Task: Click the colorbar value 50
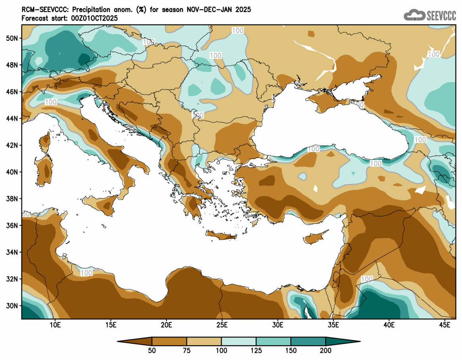click(152, 350)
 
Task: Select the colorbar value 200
click(326, 350)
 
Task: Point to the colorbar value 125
click(256, 350)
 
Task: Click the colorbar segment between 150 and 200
click(308, 341)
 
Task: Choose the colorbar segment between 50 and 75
click(169, 341)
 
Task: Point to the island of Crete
click(221, 236)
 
